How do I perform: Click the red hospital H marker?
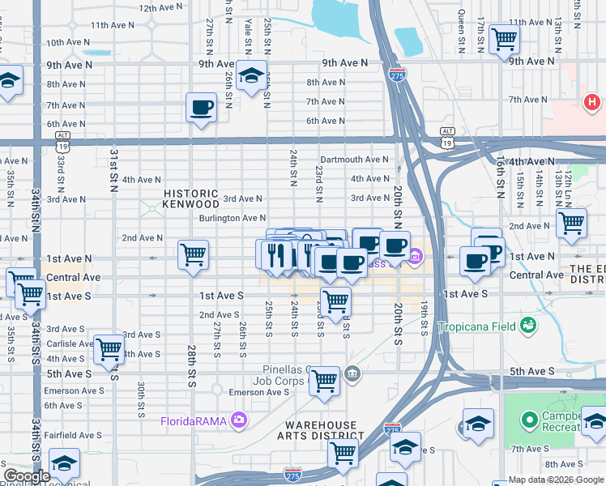point(592,103)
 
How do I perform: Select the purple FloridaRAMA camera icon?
point(239,420)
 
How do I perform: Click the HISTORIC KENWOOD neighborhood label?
point(191,199)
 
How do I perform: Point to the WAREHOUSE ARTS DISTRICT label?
point(321,431)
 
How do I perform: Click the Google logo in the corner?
point(27,476)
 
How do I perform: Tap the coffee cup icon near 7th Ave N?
point(201,106)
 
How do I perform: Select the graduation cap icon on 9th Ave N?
point(252,75)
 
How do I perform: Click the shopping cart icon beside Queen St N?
point(504,37)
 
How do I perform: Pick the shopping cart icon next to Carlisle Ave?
point(109,350)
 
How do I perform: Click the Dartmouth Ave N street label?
point(355,160)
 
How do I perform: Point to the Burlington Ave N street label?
point(233,218)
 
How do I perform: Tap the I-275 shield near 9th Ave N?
point(403,74)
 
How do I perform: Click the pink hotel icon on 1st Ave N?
point(416,258)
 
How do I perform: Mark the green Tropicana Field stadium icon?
point(529,325)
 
